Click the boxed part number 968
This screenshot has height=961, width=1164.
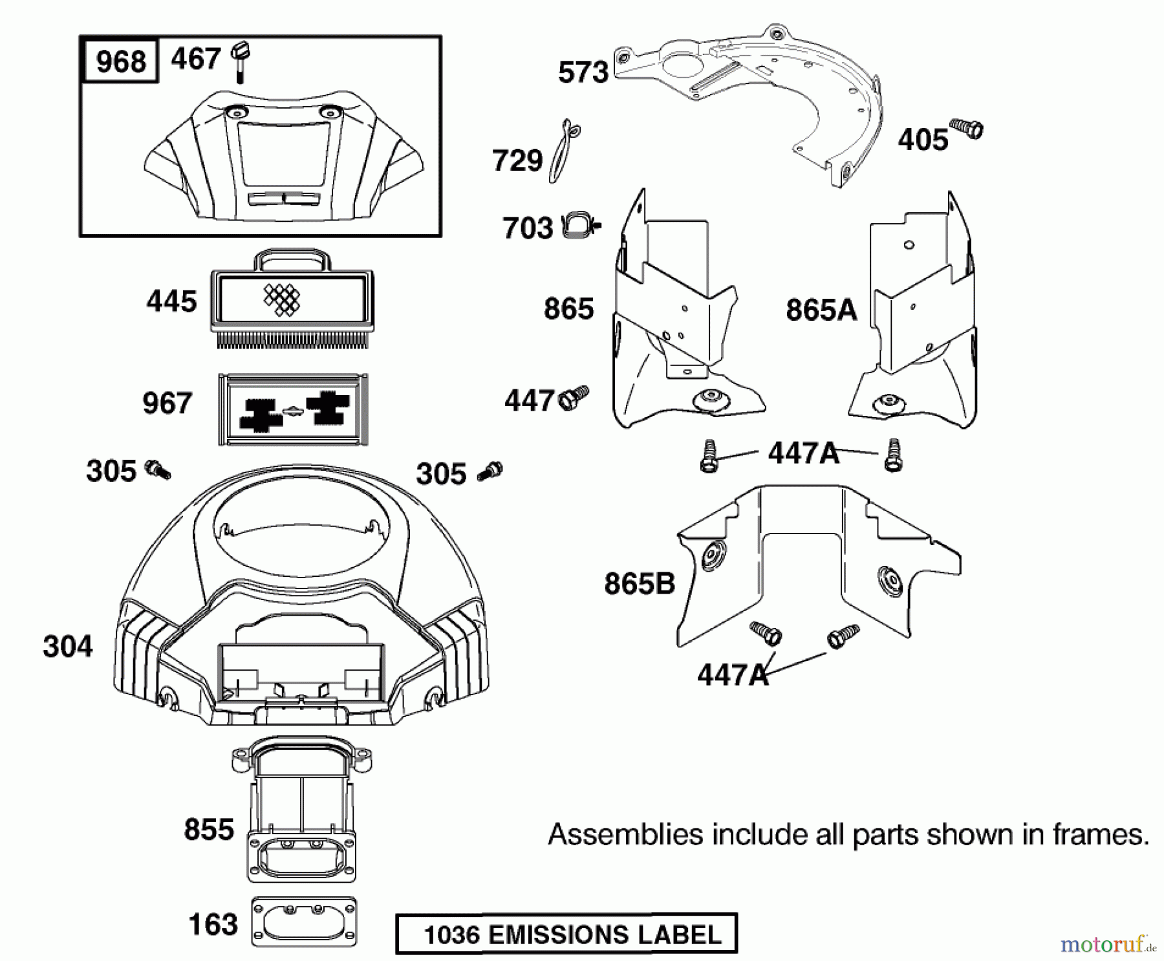(x=121, y=61)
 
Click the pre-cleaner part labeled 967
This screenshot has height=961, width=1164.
(x=294, y=409)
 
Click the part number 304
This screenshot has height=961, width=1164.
(x=68, y=646)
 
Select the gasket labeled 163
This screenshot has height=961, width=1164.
(x=303, y=922)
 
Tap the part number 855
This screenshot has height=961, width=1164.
(x=209, y=829)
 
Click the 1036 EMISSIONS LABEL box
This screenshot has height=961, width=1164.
(x=566, y=934)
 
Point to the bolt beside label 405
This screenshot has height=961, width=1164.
(x=967, y=129)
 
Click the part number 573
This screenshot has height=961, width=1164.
(x=583, y=72)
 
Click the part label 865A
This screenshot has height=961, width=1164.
(x=821, y=310)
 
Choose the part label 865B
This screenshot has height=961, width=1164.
(x=640, y=583)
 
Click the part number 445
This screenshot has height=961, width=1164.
(x=171, y=301)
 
